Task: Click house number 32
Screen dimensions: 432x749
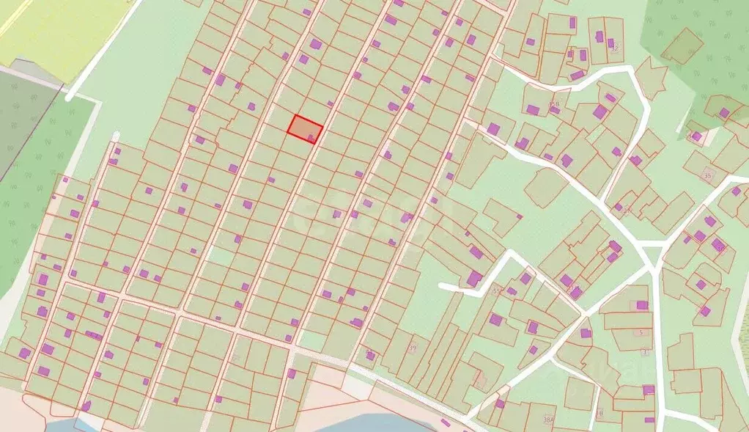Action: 614,48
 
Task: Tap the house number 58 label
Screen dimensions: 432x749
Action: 555,104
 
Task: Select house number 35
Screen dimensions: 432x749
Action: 707,176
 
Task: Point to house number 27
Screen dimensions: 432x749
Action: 627,210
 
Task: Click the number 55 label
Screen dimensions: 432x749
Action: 498,291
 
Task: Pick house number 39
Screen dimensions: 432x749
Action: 413,348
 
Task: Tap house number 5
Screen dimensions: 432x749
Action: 642,332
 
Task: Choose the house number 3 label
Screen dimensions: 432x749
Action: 645,352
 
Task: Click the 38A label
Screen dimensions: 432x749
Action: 547,420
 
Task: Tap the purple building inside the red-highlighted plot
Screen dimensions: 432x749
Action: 312,137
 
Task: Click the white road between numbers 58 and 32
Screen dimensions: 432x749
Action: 586,72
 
